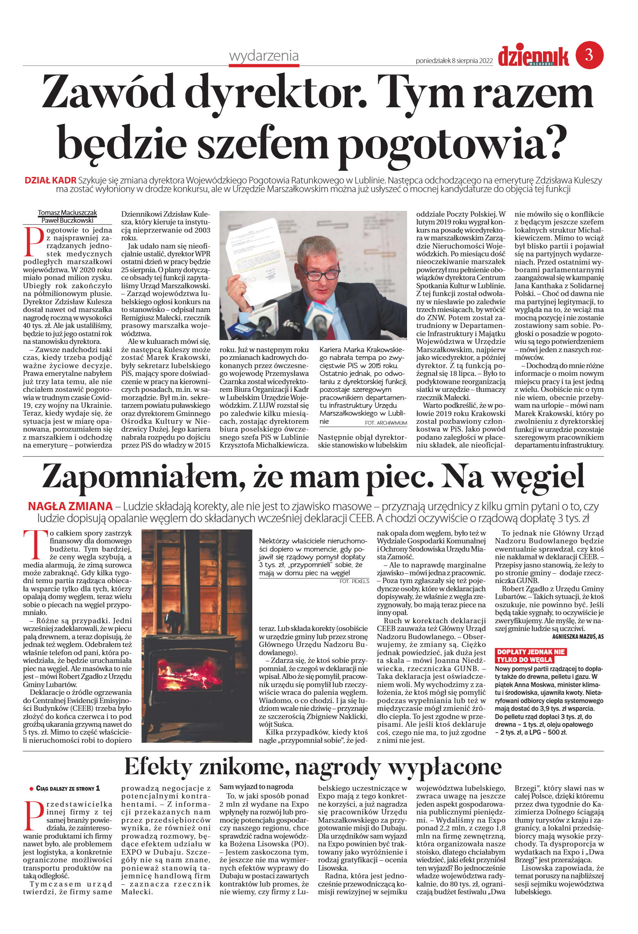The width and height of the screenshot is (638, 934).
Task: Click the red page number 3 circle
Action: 589,54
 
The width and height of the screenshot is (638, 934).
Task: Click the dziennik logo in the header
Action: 533,56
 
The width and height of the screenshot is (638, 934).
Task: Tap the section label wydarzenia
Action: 264,56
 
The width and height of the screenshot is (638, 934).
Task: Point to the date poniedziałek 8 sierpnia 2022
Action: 454,61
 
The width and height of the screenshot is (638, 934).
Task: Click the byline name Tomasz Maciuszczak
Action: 68,213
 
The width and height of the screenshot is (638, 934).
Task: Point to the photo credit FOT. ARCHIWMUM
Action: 386,423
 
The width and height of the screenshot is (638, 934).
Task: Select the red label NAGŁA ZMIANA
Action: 70,506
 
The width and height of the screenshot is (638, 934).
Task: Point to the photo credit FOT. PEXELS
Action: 354,581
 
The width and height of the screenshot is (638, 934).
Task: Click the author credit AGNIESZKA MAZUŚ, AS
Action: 577,636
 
